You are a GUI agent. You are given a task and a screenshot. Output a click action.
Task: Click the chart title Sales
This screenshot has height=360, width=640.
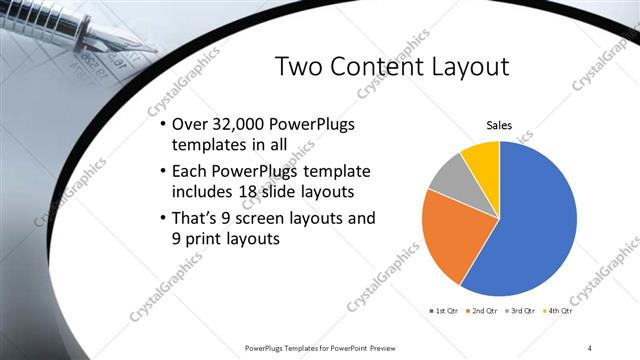tap(499, 125)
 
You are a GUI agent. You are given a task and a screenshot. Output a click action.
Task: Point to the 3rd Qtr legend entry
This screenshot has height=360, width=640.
tap(521, 312)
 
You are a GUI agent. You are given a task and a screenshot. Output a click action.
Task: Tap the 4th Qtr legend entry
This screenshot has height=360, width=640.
tap(558, 312)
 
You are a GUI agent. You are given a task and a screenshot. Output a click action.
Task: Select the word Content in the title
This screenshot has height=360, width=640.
tap(379, 67)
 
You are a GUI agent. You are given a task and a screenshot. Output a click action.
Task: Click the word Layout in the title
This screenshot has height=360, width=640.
tap(471, 67)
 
